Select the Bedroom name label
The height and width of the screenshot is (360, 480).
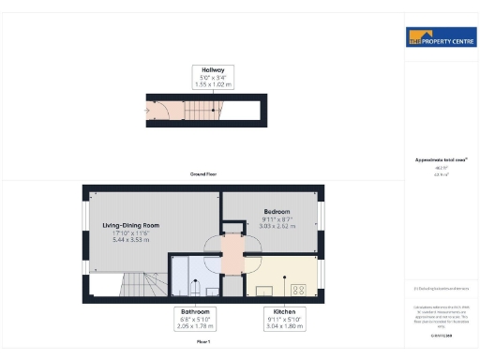(277, 211)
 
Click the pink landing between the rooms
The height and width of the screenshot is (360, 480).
(232, 250)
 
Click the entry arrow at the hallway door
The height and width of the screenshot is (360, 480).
(147, 110)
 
